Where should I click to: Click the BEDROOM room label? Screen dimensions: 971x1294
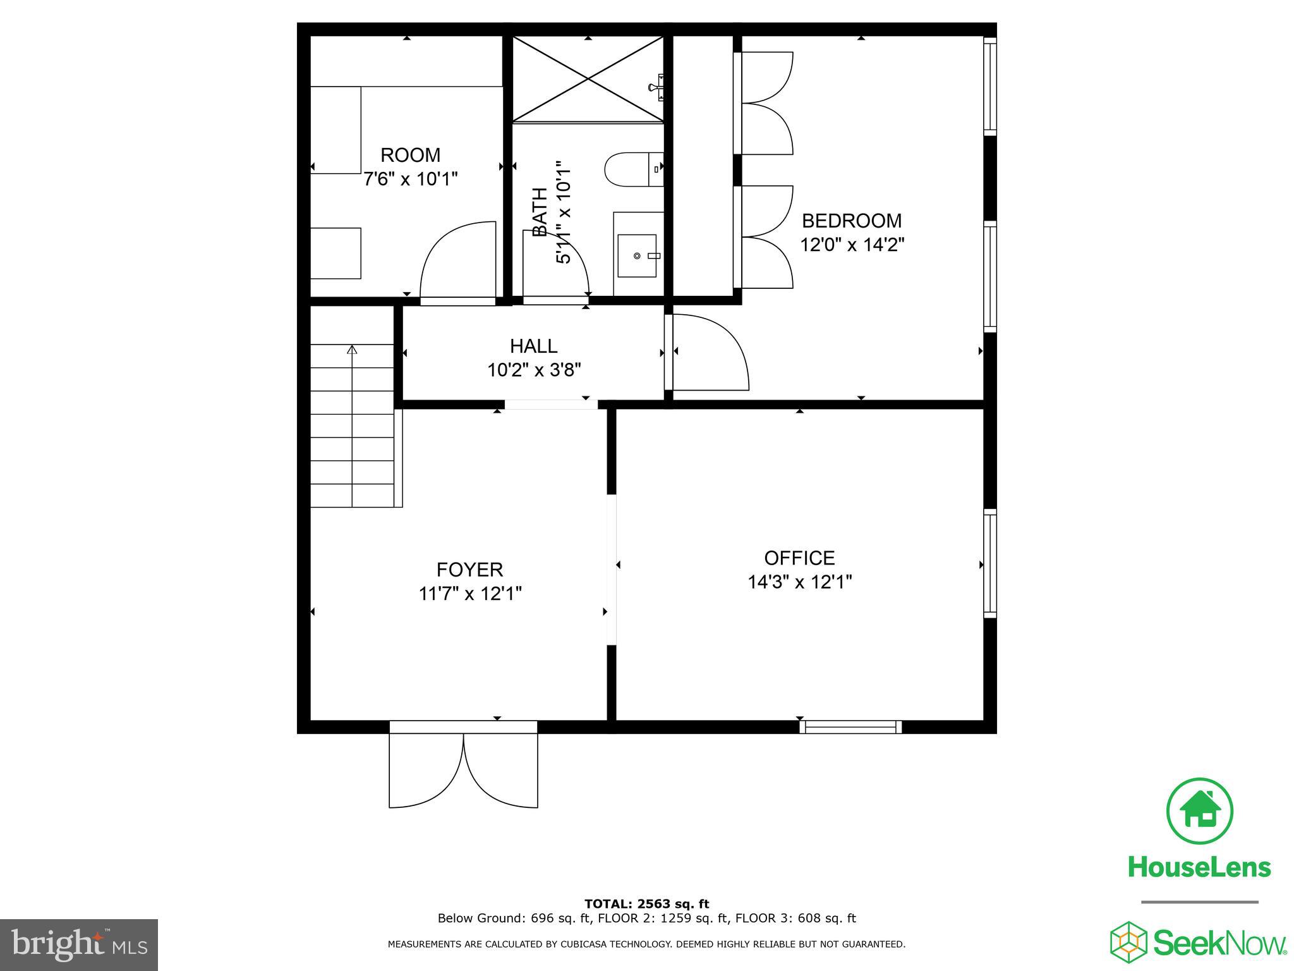click(851, 221)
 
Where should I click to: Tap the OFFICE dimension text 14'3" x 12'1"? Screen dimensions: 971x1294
click(799, 582)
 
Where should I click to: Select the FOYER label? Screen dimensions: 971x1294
click(469, 570)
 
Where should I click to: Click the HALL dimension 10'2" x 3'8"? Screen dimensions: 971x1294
click(534, 370)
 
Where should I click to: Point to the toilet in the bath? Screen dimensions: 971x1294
click(629, 169)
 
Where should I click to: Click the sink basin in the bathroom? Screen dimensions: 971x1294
click(637, 255)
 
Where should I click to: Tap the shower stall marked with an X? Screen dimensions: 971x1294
click(588, 79)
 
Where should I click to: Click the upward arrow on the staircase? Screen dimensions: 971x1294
click(352, 349)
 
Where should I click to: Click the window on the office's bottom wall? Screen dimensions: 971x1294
click(850, 727)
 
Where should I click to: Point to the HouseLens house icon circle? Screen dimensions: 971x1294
click(1199, 811)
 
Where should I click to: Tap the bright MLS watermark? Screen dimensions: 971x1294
click(79, 945)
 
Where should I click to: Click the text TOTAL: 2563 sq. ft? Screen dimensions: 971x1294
click(646, 904)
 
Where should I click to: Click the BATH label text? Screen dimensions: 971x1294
click(540, 212)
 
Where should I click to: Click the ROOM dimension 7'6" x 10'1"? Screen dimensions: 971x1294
click(410, 180)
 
